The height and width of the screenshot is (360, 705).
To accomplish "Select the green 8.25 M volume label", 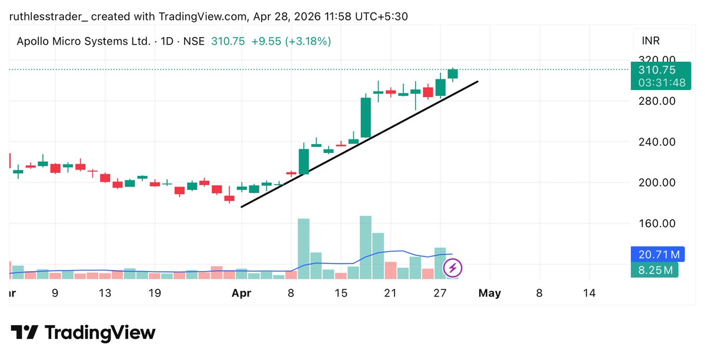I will click(x=654, y=270).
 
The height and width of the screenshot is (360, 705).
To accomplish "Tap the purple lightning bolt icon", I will click(x=453, y=269).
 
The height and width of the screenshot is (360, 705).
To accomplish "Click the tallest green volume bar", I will click(x=365, y=247).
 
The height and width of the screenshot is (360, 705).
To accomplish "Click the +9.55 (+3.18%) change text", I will click(x=291, y=41).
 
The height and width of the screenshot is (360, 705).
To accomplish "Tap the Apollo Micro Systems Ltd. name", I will click(x=83, y=41).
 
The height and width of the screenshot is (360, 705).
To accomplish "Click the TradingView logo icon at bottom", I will click(x=25, y=332).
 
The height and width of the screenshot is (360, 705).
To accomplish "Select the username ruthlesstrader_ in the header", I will click(x=48, y=16).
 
